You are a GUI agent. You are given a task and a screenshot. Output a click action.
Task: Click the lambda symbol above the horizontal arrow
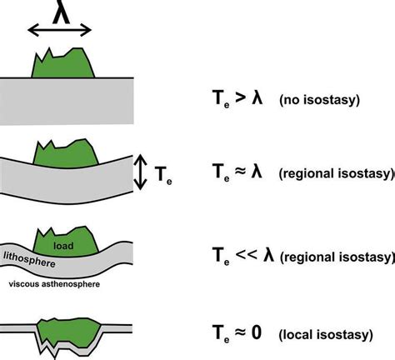pyautogui.click(x=59, y=12)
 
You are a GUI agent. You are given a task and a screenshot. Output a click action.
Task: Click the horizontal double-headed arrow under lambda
pyautogui.click(x=59, y=31)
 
